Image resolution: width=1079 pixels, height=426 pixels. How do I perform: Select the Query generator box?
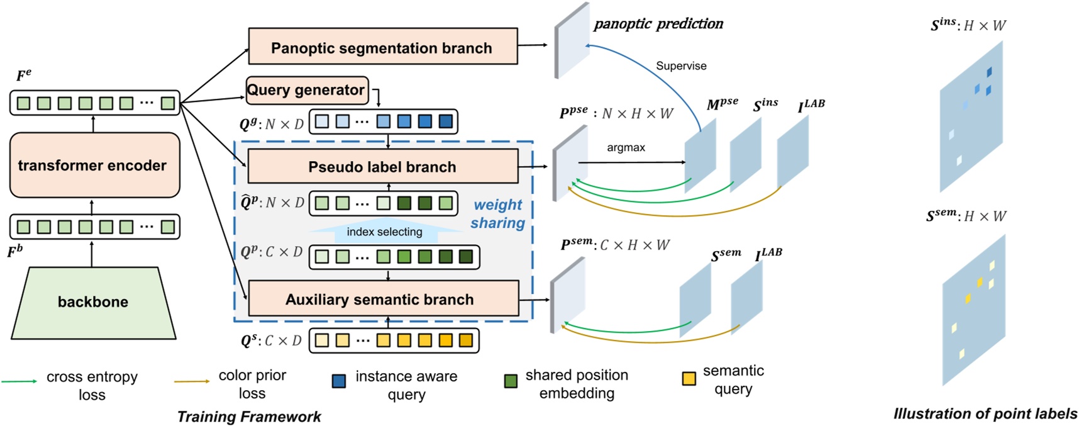(x=306, y=90)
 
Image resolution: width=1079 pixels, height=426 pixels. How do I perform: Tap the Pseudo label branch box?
(x=382, y=167)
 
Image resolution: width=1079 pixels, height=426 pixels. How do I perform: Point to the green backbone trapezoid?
(x=93, y=302)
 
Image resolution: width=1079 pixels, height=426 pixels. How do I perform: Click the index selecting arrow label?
(x=384, y=232)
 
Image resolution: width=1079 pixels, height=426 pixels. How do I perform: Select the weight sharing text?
(x=497, y=214)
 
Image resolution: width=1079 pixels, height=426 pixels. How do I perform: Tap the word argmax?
(x=626, y=147)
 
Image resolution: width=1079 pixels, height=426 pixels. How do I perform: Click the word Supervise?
(x=681, y=66)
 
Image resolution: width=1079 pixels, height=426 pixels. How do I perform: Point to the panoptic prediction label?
(x=658, y=24)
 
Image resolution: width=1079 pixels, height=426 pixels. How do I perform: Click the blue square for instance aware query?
(x=339, y=381)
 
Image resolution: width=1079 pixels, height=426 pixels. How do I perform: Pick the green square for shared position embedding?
(x=511, y=381)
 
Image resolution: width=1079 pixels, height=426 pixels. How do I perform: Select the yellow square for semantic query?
(x=689, y=378)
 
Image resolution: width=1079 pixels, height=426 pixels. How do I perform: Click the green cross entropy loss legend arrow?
(x=19, y=381)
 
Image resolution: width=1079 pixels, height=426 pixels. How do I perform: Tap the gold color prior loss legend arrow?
(x=192, y=381)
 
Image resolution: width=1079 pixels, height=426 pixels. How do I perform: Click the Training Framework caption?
(x=249, y=417)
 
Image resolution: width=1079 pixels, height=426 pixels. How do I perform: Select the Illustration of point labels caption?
(x=985, y=413)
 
